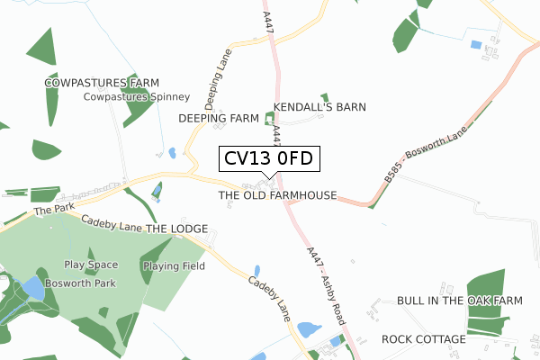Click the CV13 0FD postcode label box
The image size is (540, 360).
(267, 158)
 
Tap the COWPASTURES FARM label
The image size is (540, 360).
(95, 83)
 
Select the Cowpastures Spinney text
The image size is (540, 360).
(136, 97)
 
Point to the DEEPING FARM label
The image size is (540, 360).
(219, 118)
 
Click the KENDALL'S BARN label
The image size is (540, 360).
(319, 107)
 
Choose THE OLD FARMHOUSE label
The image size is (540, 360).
(277, 195)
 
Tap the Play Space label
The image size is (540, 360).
(91, 265)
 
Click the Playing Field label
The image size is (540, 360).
(176, 265)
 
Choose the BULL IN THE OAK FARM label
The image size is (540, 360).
(459, 301)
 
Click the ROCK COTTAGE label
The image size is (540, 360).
(423, 339)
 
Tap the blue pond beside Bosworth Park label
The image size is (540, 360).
(30, 289)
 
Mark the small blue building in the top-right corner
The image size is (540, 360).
(475, 44)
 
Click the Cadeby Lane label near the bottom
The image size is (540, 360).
(269, 300)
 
